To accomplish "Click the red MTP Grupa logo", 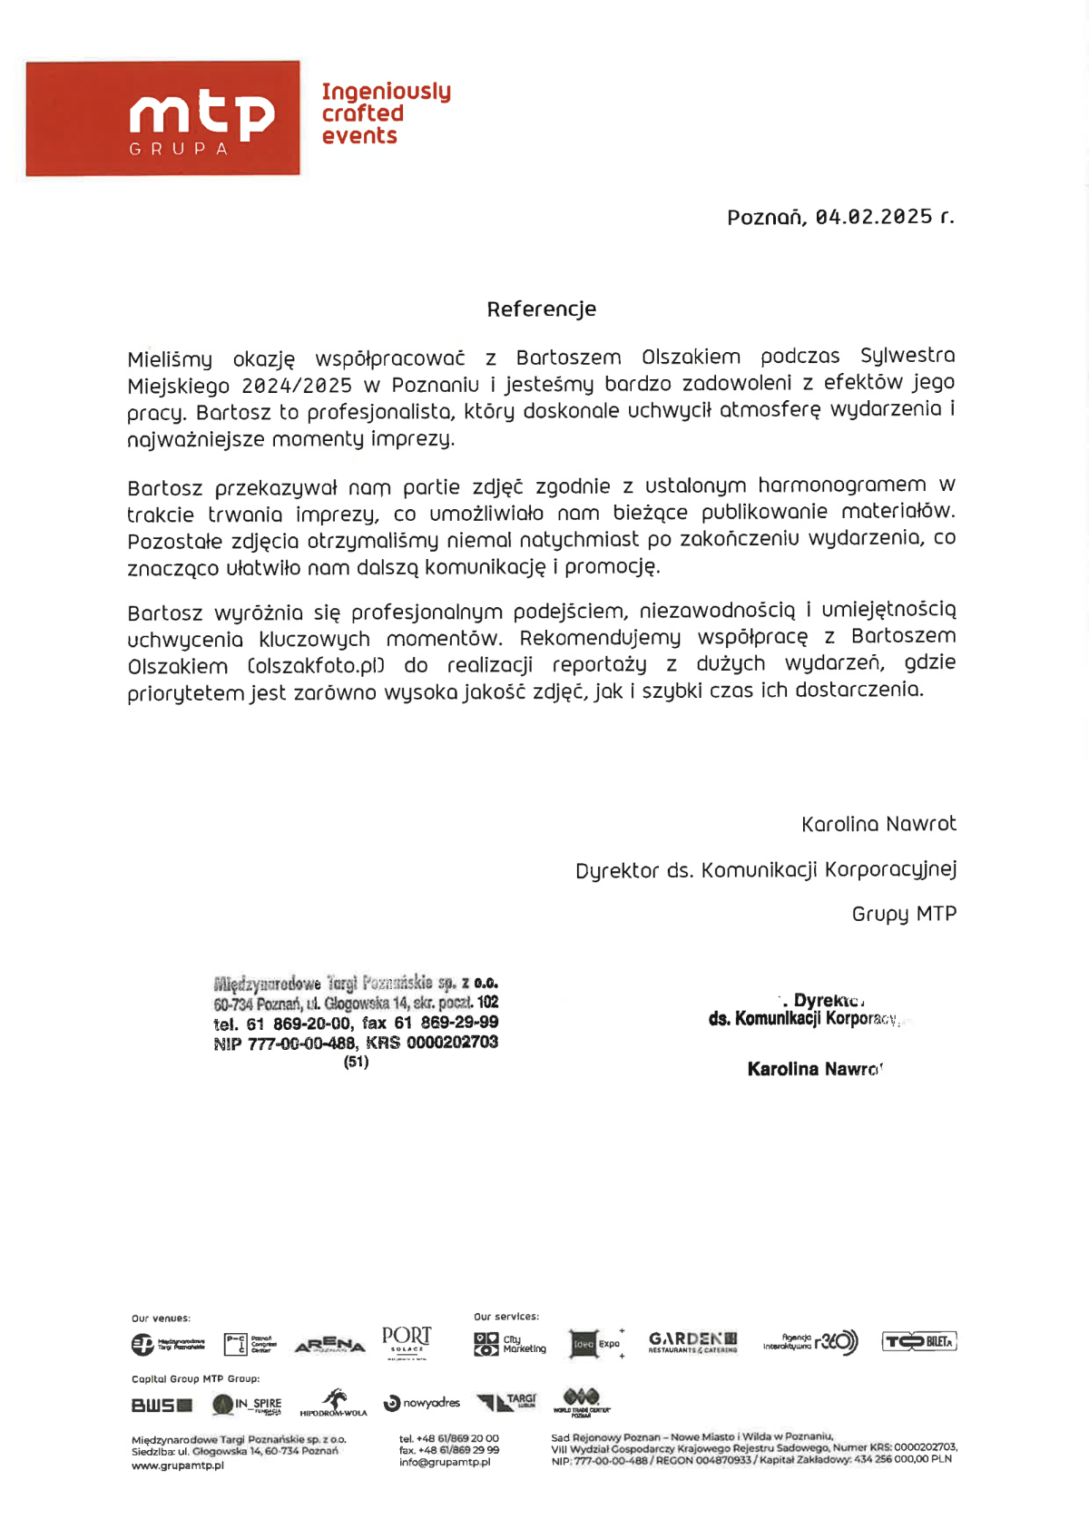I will tap(163, 118).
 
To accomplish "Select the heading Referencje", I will tap(542, 309).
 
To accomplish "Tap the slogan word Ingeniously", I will tap(386, 92).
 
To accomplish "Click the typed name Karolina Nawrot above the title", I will tap(878, 824).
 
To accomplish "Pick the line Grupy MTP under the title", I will tap(904, 914).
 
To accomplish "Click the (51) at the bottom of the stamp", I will tap(356, 1062).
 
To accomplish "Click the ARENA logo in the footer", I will tap(329, 1344).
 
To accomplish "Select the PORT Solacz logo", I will tap(407, 1340).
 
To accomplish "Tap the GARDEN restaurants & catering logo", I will tap(692, 1342).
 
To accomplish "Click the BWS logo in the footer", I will tap(162, 1406).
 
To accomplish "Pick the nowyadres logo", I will tap(422, 1403).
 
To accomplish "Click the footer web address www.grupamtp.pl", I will tap(178, 1465).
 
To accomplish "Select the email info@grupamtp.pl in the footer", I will tap(445, 1462).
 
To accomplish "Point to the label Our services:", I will tap(505, 1317).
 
